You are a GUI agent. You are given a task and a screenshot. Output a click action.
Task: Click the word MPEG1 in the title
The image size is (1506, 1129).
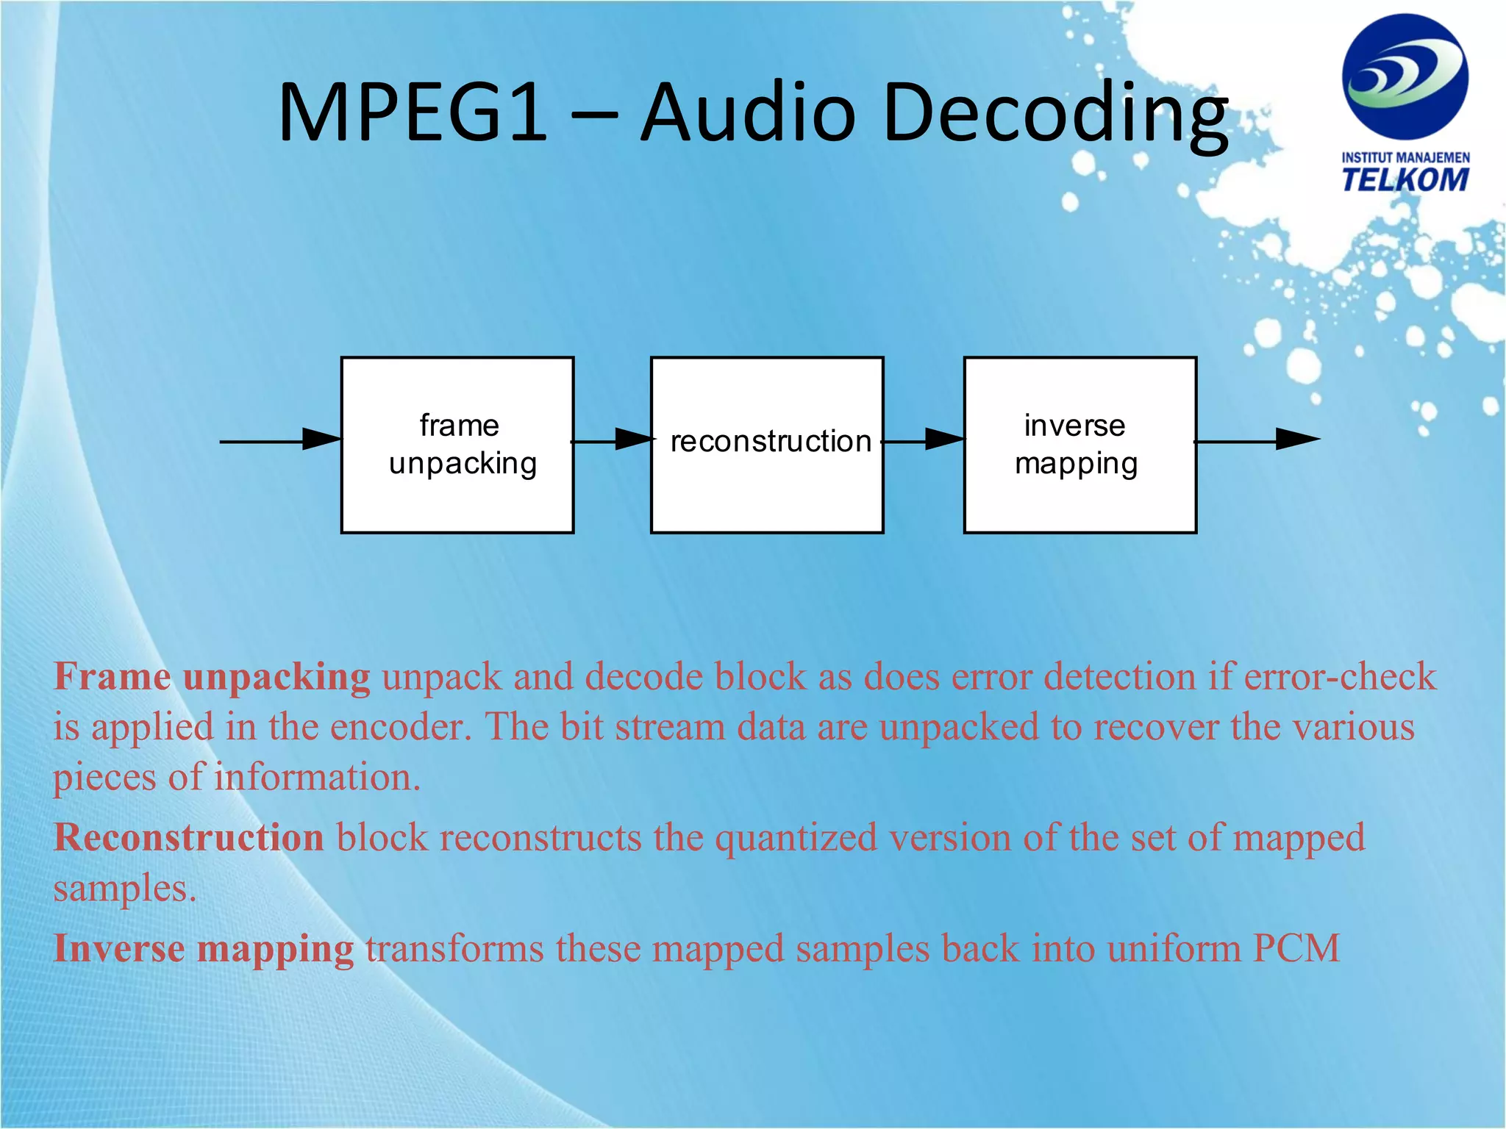pyautogui.click(x=413, y=113)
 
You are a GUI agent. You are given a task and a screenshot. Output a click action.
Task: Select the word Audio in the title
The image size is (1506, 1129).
pyautogui.click(x=748, y=113)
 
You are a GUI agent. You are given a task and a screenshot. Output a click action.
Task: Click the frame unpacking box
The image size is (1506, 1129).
pyautogui.click(x=457, y=445)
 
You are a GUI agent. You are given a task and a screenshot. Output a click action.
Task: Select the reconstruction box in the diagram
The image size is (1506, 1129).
pyautogui.click(x=767, y=445)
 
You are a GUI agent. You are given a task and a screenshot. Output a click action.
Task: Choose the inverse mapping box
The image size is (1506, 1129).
pyautogui.click(x=1079, y=445)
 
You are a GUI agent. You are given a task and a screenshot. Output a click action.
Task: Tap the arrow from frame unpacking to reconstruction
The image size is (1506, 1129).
pyautogui.click(x=613, y=440)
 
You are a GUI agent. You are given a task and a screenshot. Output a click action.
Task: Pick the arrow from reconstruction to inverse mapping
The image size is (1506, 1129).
pyautogui.click(x=924, y=440)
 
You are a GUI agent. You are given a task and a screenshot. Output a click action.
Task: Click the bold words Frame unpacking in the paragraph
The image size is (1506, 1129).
pyautogui.click(x=212, y=676)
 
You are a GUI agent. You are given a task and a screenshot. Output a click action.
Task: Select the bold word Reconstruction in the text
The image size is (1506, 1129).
pyautogui.click(x=189, y=838)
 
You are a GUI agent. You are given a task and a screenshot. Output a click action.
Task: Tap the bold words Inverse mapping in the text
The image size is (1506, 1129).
pyautogui.click(x=204, y=948)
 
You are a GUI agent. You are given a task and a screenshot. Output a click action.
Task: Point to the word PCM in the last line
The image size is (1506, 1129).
pyautogui.click(x=1296, y=948)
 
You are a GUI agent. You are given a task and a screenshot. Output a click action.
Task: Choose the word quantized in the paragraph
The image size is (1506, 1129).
pyautogui.click(x=796, y=838)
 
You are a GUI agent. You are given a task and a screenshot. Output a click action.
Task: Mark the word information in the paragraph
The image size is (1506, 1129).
pyautogui.click(x=317, y=778)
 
